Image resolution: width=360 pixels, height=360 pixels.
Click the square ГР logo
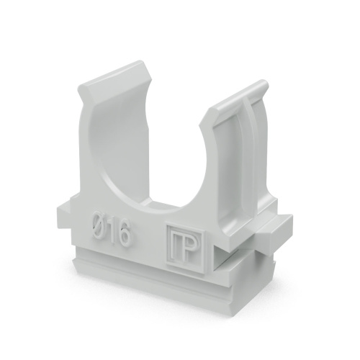pyautogui.click(x=186, y=249)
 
